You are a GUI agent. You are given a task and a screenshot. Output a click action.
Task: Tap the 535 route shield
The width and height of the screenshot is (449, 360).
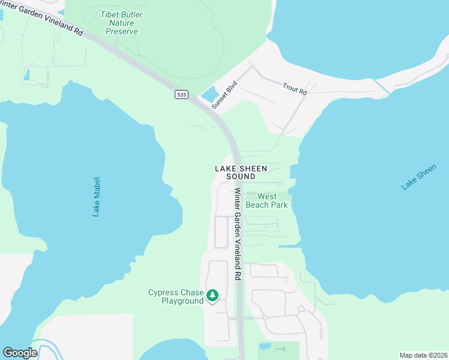[182, 95]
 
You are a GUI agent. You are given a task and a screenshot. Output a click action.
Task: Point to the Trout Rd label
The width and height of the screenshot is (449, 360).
[295, 89]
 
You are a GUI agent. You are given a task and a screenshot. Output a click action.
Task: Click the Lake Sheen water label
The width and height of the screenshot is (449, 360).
[418, 178]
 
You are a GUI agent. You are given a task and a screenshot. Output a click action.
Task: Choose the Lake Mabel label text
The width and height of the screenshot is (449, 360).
[97, 196]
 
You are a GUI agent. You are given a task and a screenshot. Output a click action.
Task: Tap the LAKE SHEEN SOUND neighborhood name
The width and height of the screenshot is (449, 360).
[241, 173]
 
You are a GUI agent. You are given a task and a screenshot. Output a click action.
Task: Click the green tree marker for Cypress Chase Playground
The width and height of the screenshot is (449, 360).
[212, 295]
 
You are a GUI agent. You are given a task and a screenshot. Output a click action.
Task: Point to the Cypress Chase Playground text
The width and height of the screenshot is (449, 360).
[176, 296]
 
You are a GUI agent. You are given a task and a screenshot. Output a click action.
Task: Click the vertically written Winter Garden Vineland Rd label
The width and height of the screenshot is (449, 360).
[238, 234]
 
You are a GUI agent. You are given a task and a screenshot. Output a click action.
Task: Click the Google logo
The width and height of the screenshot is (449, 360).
[20, 352]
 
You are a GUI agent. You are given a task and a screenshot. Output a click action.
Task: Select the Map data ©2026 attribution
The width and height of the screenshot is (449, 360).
[423, 355]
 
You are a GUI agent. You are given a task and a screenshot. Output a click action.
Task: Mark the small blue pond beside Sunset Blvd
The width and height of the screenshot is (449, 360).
[209, 95]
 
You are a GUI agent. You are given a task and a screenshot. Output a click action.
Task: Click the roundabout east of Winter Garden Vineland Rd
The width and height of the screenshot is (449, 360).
[264, 317]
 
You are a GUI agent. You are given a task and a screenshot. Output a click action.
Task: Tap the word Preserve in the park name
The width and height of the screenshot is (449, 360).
[122, 31]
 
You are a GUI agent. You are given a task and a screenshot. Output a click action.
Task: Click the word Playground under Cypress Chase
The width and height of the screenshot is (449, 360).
[182, 301]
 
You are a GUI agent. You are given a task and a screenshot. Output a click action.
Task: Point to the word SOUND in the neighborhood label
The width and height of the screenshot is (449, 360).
[241, 177]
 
